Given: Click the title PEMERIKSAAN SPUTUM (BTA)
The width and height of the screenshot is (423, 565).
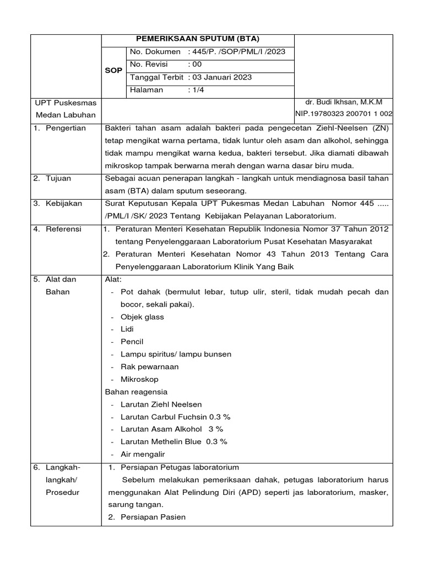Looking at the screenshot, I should tap(198, 39).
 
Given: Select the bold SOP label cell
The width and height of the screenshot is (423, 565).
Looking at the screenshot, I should tap(113, 71).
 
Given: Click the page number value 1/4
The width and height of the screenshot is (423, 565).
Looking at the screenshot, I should tap(196, 90).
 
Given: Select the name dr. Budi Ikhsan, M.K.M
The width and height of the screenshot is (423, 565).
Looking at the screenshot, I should tap(344, 102).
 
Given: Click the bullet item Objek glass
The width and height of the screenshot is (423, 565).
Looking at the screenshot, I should tap(142, 317).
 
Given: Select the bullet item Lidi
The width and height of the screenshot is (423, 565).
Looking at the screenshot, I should tap(127, 329).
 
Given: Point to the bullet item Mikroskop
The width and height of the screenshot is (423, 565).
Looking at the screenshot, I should tap(139, 379).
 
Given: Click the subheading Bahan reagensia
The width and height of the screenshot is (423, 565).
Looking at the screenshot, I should tap(136, 392).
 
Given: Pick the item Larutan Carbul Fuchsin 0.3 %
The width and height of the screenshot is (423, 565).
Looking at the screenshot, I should tap(175, 417).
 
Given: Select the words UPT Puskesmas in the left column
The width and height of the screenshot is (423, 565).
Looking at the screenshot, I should tap(66, 103).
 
